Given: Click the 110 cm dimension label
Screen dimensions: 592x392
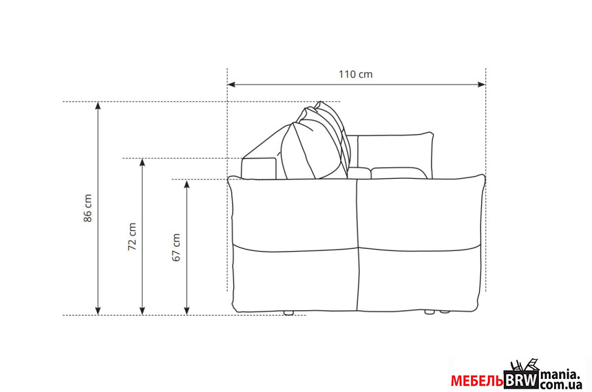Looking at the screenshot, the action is coord(355,74).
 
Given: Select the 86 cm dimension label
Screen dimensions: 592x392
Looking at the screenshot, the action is coord(87,208).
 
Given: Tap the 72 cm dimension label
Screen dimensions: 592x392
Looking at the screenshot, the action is coord(131,237).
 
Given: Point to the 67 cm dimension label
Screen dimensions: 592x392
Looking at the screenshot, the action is coord(176,248).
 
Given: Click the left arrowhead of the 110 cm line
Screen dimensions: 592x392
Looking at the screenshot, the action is coord(231,85).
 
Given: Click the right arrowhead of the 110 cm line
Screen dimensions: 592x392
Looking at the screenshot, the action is coord(481,85).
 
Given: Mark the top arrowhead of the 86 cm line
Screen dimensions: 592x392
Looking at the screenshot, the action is coord(98,106).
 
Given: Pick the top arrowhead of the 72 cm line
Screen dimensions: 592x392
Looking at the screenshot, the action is coord(142,162).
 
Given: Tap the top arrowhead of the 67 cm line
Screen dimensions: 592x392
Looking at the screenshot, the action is coord(187,184).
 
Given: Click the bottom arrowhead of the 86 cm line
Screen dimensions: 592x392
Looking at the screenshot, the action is coord(98,311).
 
